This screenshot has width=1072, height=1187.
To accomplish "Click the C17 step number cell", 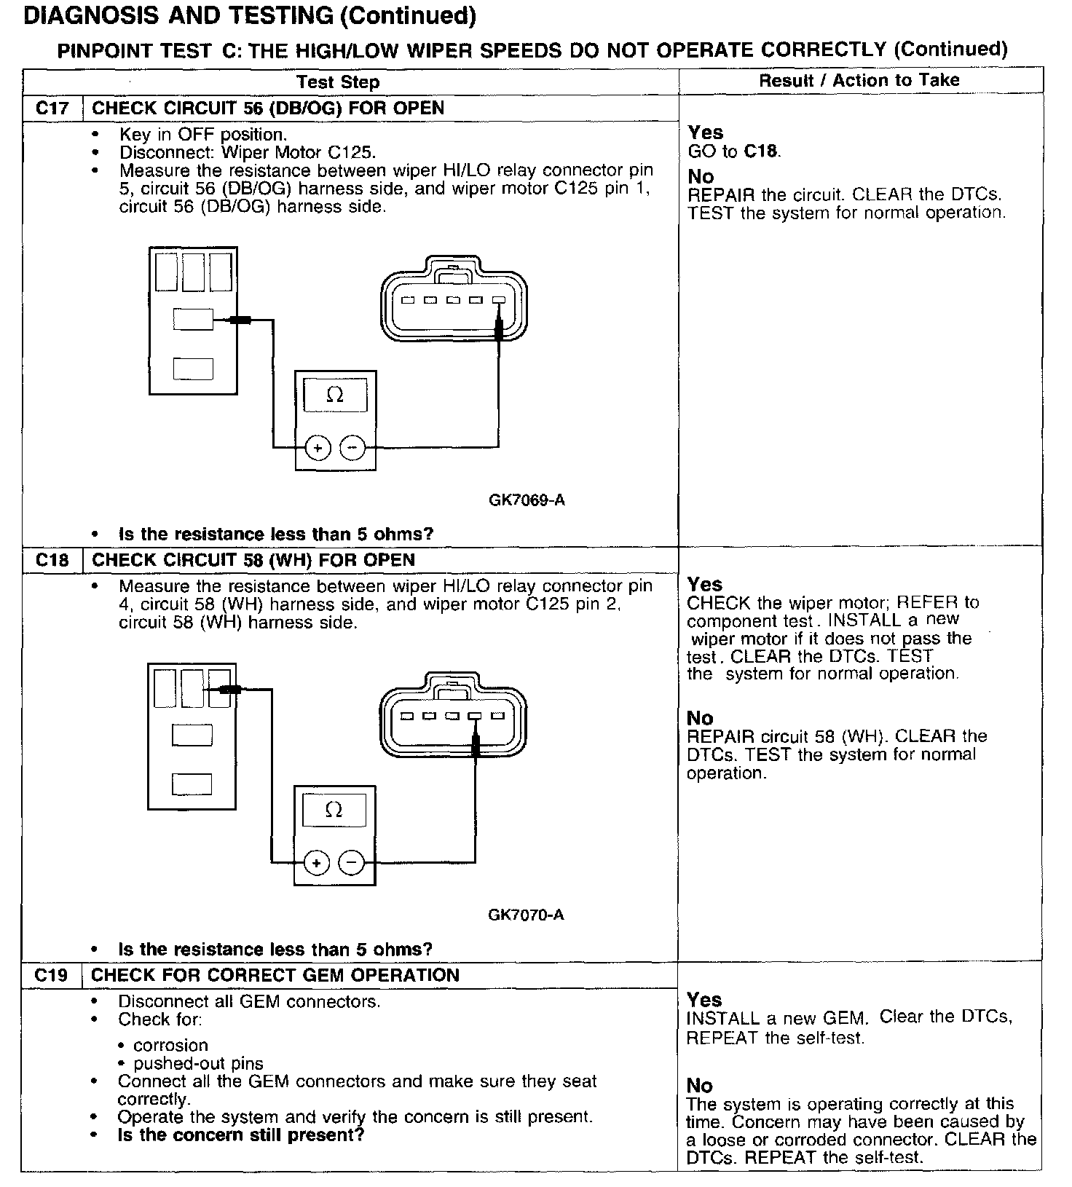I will [x=52, y=109].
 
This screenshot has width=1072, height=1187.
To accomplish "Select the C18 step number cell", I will [x=52, y=560].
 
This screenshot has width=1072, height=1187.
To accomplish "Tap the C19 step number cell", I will [x=52, y=975].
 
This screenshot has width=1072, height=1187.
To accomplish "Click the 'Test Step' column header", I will [x=339, y=82].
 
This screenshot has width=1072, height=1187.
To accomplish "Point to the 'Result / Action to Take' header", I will [x=859, y=80].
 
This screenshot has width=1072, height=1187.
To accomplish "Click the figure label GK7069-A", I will [x=527, y=500].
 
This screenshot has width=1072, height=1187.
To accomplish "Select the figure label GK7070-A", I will [x=526, y=915].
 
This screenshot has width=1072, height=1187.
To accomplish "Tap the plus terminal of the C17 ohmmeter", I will [x=318, y=447].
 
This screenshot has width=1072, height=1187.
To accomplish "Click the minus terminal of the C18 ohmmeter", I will [x=352, y=863].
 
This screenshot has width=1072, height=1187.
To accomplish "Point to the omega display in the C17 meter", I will [x=335, y=395].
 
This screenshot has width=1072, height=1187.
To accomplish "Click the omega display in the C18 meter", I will [x=334, y=810].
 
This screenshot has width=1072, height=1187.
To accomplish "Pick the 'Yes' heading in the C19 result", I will [x=704, y=999].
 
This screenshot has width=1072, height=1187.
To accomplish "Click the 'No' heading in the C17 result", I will [x=701, y=176].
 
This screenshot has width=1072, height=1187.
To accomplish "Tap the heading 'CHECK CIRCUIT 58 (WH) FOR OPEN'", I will [x=253, y=560].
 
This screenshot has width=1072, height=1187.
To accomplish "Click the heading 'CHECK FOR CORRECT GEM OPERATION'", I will [x=275, y=975].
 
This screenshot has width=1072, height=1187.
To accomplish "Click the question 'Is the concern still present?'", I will [x=241, y=1135].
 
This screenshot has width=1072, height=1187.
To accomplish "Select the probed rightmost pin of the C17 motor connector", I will [x=499, y=300].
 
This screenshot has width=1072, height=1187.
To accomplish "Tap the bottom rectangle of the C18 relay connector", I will [x=192, y=784].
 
